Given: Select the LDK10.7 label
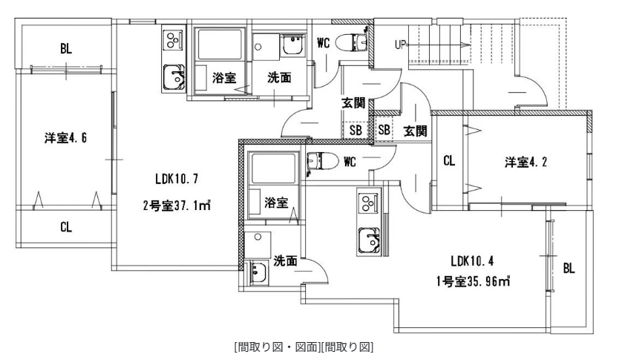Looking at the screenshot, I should pos(176,178).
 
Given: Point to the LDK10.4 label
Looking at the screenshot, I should pos(471,261).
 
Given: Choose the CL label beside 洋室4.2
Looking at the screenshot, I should pos(449,160).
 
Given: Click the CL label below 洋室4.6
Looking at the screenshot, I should pos(66,228).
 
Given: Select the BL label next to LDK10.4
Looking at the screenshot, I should pos(569,267).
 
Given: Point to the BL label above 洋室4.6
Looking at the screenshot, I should pos(66,50).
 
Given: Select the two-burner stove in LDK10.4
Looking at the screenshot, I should pos(369,203).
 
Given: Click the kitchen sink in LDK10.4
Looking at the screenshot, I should pos(369,239).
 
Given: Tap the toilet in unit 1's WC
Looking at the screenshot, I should pos(320,160).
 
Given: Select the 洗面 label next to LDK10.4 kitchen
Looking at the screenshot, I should pos(286,261).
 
